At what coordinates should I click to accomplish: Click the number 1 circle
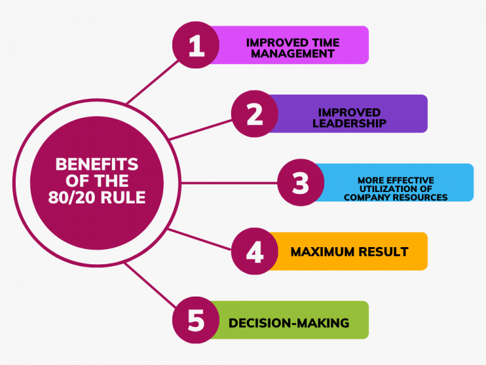(x=196, y=45)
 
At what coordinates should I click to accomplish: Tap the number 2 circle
(x=255, y=114)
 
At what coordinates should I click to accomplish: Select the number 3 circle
(x=301, y=182)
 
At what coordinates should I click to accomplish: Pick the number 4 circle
(x=255, y=251)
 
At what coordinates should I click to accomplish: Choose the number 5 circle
(x=196, y=320)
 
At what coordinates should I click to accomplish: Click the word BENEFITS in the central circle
(x=97, y=165)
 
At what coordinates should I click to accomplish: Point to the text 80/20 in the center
(x=72, y=198)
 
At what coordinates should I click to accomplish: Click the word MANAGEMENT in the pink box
(x=292, y=54)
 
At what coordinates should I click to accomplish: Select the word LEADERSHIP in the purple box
(x=349, y=123)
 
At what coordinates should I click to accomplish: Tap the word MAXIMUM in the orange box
(x=322, y=252)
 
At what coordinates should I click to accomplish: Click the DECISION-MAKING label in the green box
(x=289, y=323)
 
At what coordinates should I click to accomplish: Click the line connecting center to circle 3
(x=229, y=183)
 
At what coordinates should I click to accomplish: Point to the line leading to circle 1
(x=153, y=82)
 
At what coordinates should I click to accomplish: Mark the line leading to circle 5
(x=150, y=285)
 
